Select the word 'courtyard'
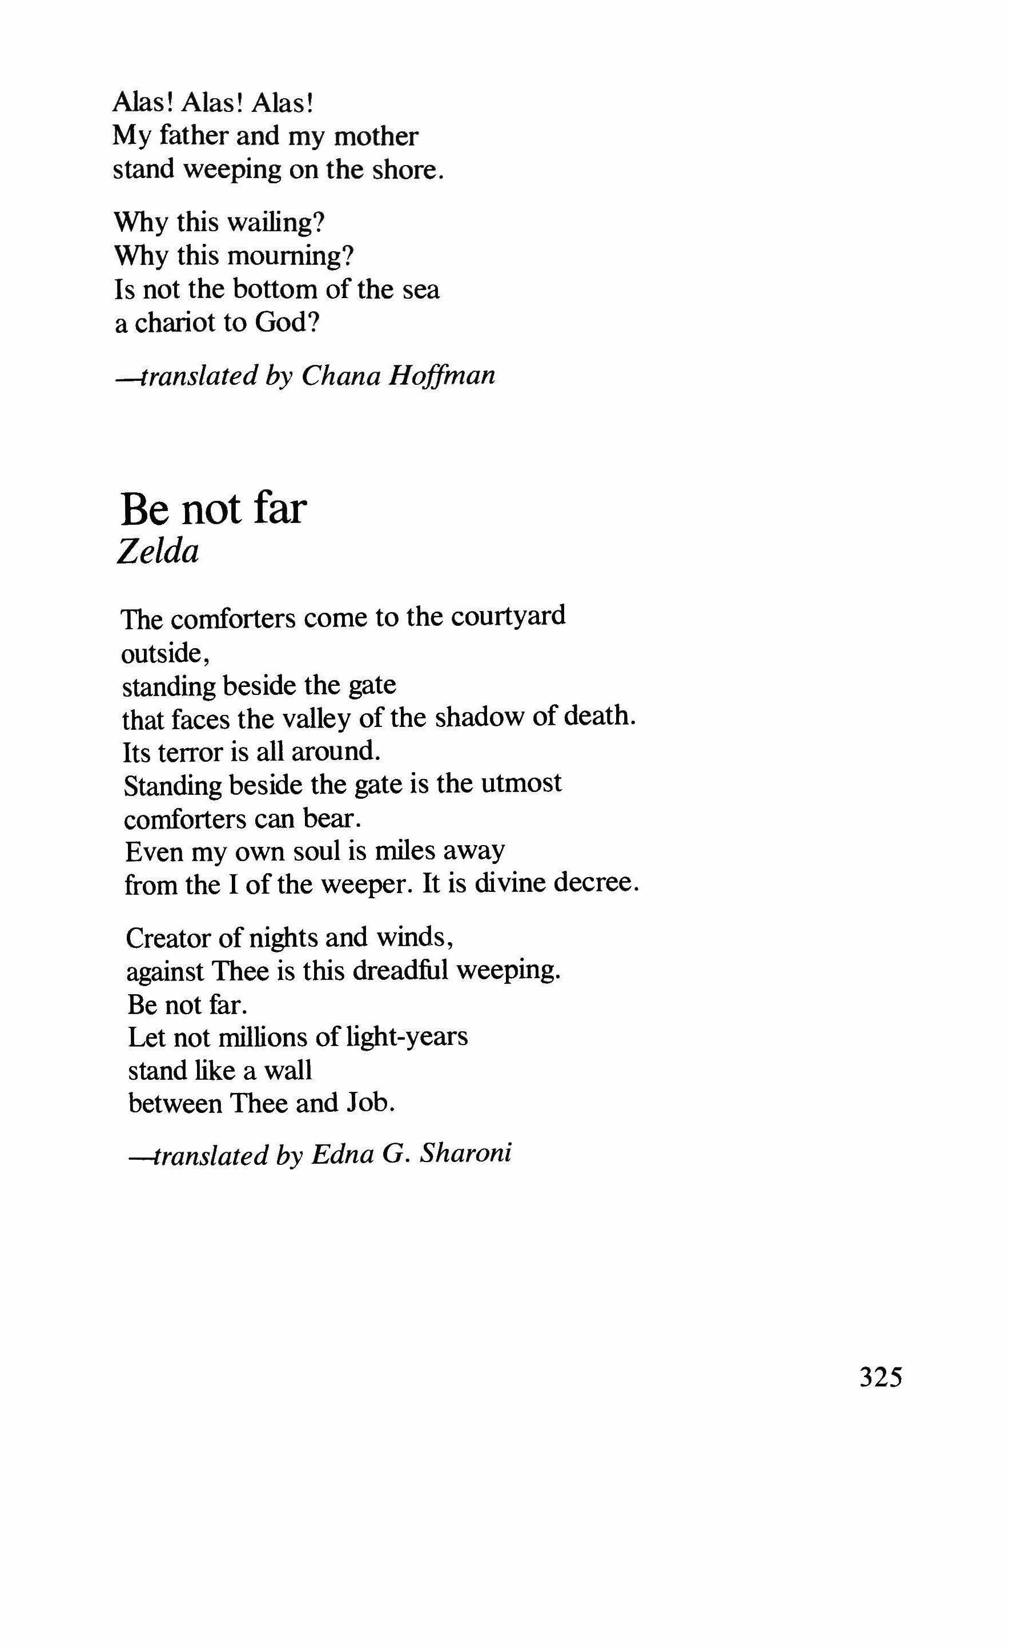(508, 616)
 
